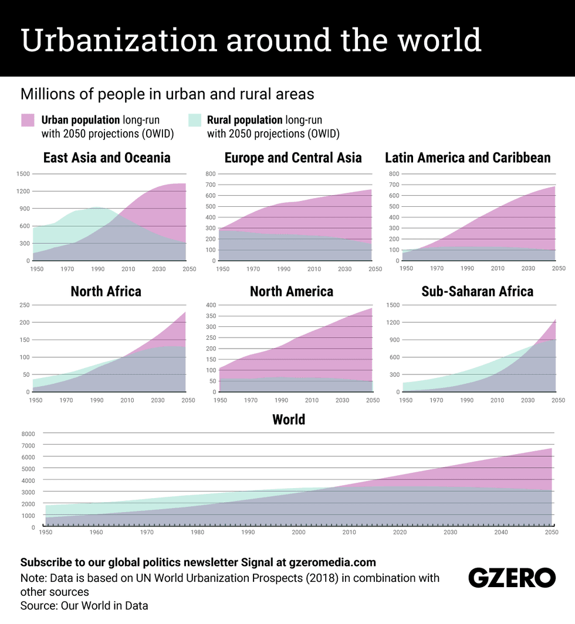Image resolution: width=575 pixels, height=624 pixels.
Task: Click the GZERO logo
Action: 512,578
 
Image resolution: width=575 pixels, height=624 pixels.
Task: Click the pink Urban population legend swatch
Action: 28,120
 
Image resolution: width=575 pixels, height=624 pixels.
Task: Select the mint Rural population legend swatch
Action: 195,120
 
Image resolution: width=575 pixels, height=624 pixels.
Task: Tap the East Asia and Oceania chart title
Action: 107,158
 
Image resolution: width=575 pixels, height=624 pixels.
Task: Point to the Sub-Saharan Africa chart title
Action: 477,291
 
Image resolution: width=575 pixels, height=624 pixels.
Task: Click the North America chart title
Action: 292,291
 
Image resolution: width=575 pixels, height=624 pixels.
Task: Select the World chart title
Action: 289,420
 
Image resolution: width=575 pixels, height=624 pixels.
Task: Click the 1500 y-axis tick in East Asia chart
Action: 23,174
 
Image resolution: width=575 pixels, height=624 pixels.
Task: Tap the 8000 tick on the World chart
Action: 28,434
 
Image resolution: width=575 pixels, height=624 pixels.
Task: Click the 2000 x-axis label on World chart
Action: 299,533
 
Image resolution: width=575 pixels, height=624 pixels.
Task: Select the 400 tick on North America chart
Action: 210,305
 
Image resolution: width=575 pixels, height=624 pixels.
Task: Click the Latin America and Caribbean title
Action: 468,158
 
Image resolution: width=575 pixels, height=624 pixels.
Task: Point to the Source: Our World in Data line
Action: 84,606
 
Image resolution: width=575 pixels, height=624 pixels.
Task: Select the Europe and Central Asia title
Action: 293,158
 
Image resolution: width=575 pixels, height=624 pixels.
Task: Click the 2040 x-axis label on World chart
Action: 501,533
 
